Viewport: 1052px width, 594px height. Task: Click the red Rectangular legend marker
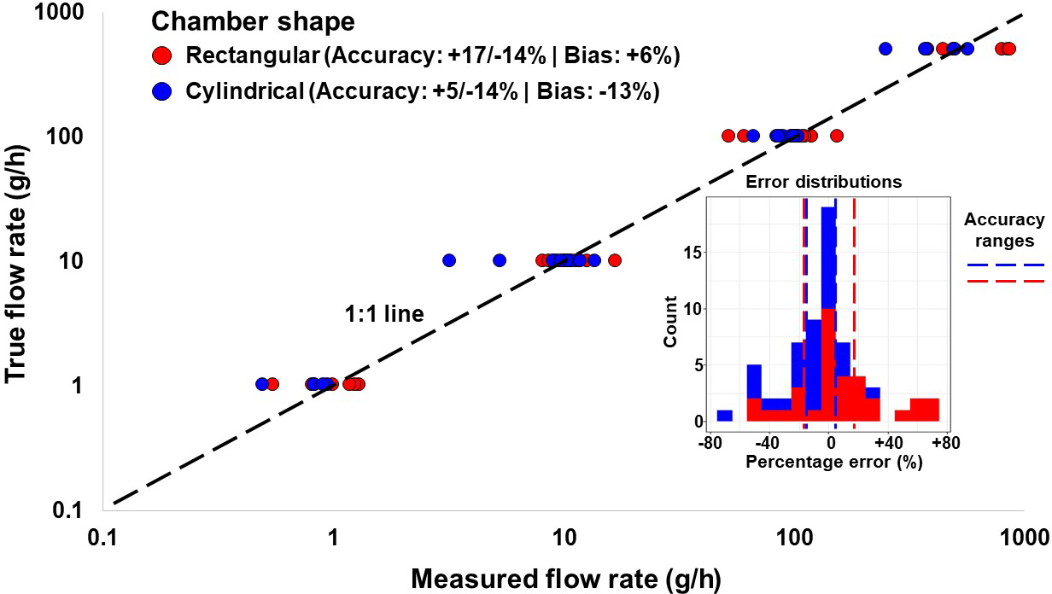click(162, 56)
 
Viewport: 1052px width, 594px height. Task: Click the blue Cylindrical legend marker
click(162, 91)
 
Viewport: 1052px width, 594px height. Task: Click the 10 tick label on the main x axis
click(564, 539)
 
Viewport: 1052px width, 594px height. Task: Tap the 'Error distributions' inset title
click(823, 182)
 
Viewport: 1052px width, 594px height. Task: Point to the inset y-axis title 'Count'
click(671, 321)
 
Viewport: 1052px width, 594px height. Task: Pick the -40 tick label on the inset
click(767, 443)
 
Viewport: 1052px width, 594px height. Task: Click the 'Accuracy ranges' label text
click(1004, 230)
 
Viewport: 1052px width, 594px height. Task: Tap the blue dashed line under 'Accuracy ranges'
click(1005, 265)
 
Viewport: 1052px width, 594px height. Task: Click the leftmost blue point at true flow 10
click(449, 260)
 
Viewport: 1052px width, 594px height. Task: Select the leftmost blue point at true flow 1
click(263, 384)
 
